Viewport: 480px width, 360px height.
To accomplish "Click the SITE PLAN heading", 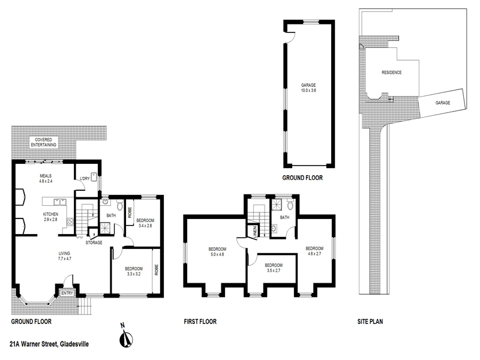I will [366, 322].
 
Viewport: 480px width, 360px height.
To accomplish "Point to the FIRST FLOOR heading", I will [200, 322].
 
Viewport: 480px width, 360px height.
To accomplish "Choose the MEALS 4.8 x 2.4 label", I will [46, 178].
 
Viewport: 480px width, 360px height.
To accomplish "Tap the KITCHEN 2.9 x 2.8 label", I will [50, 217].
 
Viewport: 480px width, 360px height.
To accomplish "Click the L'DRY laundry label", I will [85, 178].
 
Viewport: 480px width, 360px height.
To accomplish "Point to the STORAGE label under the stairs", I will [93, 242].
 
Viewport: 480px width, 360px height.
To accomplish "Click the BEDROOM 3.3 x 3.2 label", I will [133, 271].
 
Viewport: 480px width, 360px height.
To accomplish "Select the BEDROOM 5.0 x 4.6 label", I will [217, 252].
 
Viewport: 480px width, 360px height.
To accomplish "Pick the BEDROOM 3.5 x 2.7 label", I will [273, 268].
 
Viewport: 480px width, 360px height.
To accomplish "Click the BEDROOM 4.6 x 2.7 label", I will [314, 251].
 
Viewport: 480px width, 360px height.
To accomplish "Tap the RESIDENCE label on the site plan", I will [391, 73].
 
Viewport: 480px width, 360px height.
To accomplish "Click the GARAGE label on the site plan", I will [443, 103].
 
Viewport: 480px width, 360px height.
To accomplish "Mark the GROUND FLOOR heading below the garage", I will [303, 178].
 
